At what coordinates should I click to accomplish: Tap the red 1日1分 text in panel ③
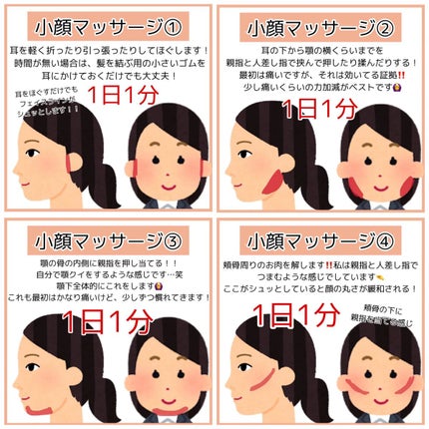pos(105,322)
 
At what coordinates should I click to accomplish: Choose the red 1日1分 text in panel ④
pos(295,316)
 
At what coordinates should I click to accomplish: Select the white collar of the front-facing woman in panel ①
pos(169,204)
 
